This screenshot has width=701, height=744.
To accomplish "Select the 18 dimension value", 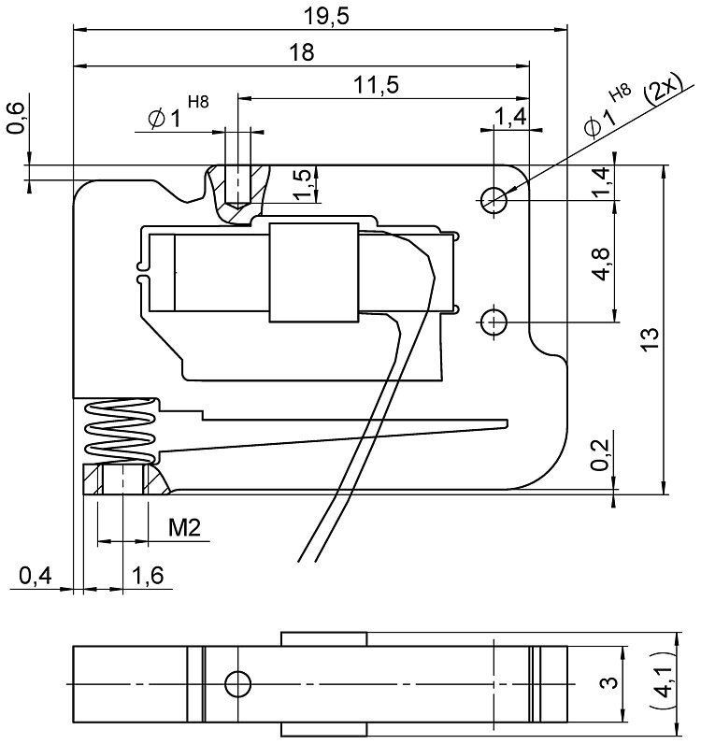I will [x=301, y=53].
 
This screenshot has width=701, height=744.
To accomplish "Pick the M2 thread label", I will [x=184, y=528].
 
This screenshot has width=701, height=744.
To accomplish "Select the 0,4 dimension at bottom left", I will [x=35, y=578].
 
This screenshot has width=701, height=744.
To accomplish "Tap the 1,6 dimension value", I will [x=148, y=578].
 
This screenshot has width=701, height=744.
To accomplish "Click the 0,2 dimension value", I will [x=604, y=454].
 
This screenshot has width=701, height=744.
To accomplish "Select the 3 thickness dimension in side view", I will [x=608, y=684].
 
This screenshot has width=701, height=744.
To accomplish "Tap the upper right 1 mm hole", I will [x=494, y=197].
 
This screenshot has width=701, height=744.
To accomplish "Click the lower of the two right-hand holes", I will [x=494, y=322].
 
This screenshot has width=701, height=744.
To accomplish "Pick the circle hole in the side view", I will [x=237, y=684].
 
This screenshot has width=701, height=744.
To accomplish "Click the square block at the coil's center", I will [x=313, y=273].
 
